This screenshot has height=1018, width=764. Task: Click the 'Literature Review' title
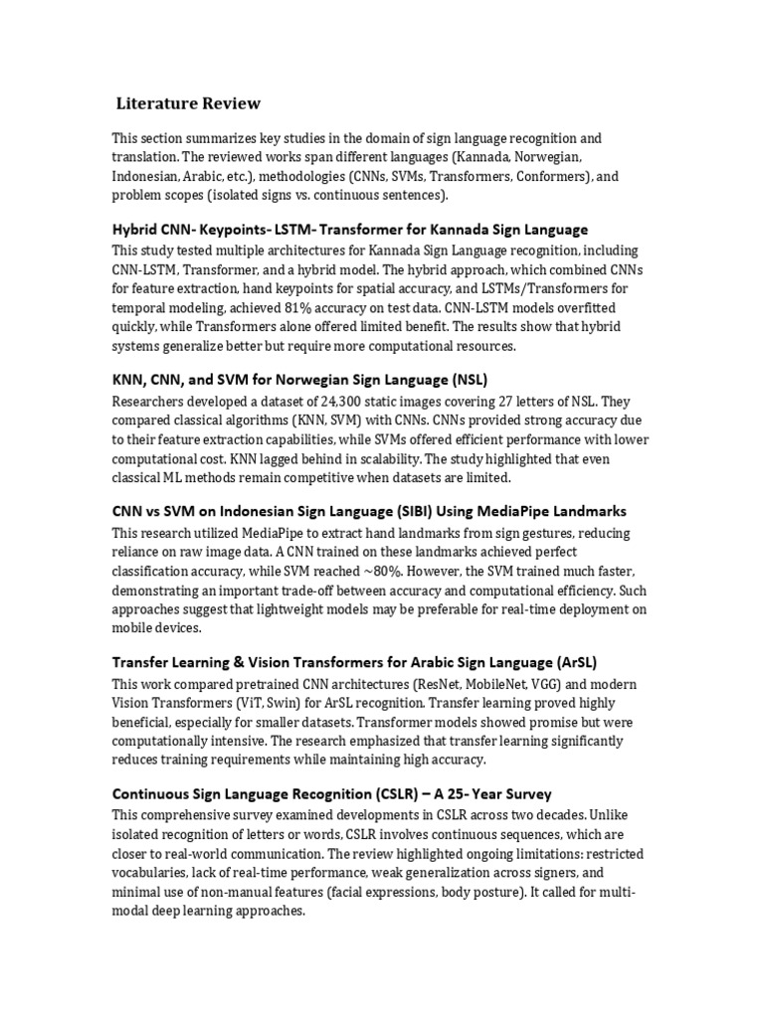tap(188, 102)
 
